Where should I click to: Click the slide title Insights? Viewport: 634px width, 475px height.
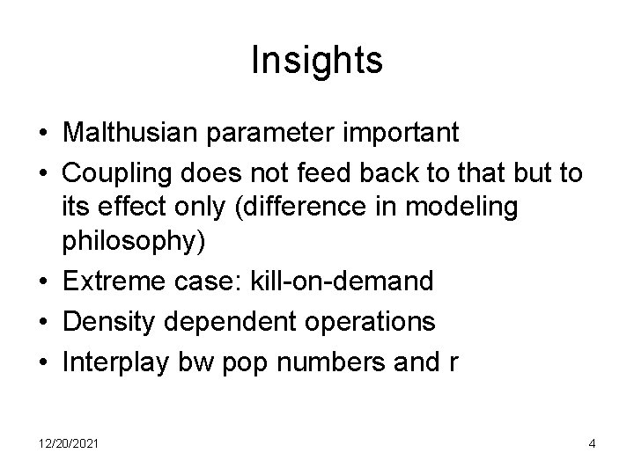(x=316, y=61)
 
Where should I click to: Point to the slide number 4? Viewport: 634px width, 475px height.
(x=592, y=442)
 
